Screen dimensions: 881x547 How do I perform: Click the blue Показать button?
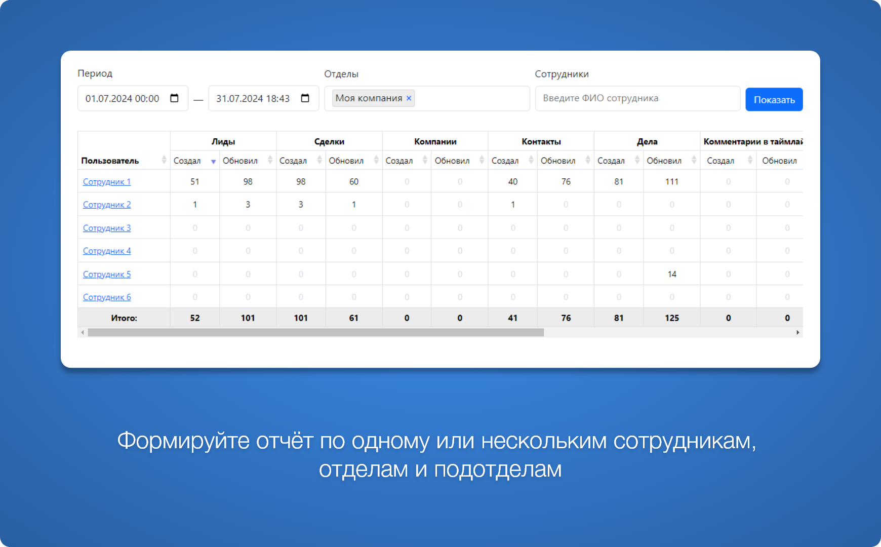click(x=774, y=99)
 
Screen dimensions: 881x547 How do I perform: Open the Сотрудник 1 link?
click(x=107, y=182)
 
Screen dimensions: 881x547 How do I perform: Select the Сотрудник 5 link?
click(x=107, y=275)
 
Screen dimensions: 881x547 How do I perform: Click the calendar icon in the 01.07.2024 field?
click(x=174, y=98)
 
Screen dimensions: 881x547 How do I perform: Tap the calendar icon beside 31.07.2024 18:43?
click(x=305, y=98)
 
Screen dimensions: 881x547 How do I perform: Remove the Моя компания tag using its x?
click(x=409, y=98)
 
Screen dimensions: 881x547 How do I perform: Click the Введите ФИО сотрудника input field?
click(x=637, y=98)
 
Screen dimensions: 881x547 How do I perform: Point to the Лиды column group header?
click(x=223, y=142)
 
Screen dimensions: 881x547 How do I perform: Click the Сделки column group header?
click(x=329, y=142)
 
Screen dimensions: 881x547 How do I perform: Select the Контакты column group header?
click(x=541, y=142)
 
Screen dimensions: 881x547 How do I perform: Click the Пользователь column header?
click(x=110, y=161)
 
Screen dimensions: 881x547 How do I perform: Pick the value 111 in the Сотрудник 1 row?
click(x=672, y=182)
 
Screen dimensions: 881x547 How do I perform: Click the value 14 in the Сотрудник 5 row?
click(x=672, y=275)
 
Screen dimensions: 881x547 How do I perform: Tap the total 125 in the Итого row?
click(x=672, y=318)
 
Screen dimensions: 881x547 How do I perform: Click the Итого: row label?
click(x=124, y=318)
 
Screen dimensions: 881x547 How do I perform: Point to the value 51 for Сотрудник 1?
click(x=195, y=182)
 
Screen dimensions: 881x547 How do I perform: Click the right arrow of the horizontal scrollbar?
click(x=798, y=333)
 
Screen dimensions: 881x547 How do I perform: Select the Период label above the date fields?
click(x=95, y=73)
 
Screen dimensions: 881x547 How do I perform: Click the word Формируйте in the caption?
click(x=183, y=441)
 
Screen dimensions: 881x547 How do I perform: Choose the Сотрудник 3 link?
click(x=107, y=228)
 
